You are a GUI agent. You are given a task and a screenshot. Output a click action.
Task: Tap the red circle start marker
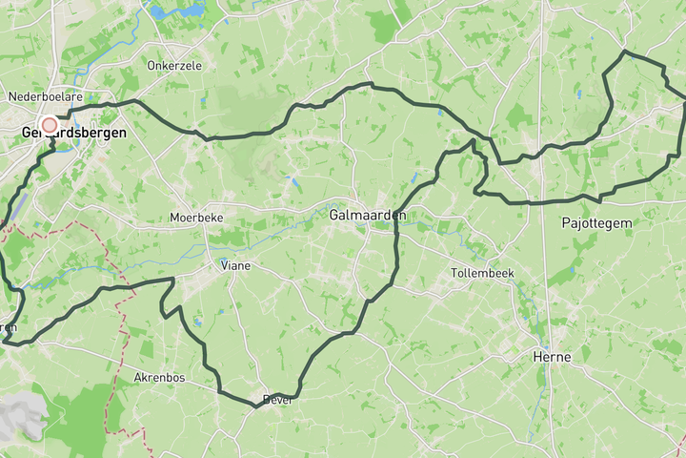point(50,124)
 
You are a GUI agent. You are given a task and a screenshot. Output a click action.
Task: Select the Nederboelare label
point(46,96)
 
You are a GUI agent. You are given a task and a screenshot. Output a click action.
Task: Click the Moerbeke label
point(195,218)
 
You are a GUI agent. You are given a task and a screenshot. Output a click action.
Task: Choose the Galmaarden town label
point(367,216)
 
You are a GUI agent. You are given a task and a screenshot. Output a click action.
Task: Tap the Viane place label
point(235,265)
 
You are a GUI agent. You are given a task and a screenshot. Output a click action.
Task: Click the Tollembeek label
point(482,273)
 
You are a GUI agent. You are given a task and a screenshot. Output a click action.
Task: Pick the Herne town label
point(552,357)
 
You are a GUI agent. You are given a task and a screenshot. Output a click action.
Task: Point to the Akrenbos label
point(159,378)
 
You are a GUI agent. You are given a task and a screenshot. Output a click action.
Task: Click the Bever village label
point(277,400)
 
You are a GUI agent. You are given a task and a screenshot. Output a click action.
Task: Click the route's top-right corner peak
point(624,52)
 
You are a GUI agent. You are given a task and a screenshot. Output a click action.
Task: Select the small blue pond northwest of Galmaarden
point(294,179)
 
